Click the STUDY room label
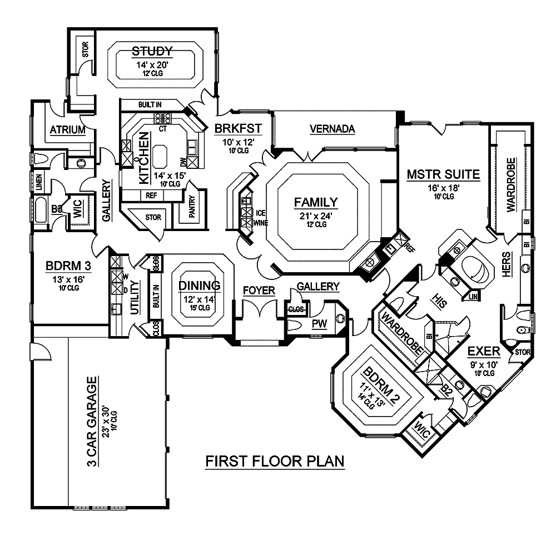(152, 52)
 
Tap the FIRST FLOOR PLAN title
(275, 461)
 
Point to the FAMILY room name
(316, 202)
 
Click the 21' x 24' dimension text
(316, 215)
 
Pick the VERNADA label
(332, 129)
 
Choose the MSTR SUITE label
(443, 174)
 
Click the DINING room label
(200, 285)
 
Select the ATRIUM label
(67, 131)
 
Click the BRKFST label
(234, 129)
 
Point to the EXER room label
(484, 352)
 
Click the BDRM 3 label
(68, 266)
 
